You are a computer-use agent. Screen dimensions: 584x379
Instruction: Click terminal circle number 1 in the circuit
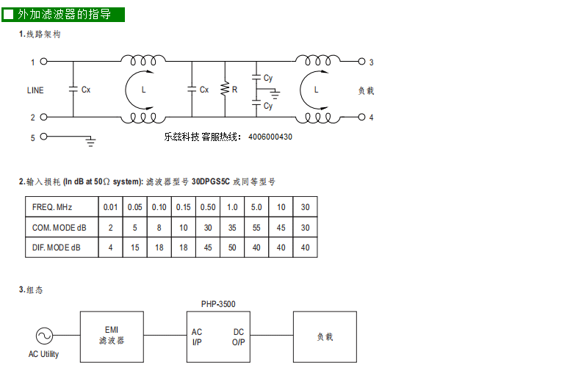pyautogui.click(x=43, y=62)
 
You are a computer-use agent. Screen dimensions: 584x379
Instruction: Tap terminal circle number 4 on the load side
pyautogui.click(x=361, y=118)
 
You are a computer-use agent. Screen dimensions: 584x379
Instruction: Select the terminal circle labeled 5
pyautogui.click(x=43, y=137)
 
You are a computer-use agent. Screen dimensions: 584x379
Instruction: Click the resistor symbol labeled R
pyautogui.click(x=225, y=90)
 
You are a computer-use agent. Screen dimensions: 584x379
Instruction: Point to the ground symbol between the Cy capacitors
pyautogui.click(x=275, y=94)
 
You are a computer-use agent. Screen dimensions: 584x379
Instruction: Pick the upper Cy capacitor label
pyautogui.click(x=268, y=78)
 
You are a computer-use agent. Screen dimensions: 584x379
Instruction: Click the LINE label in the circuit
pyautogui.click(x=35, y=90)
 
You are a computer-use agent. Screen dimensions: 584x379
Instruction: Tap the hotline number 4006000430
pyautogui.click(x=270, y=137)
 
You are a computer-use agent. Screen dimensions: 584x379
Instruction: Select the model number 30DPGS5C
pyautogui.click(x=210, y=181)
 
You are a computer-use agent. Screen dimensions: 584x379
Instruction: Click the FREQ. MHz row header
pyautogui.click(x=52, y=207)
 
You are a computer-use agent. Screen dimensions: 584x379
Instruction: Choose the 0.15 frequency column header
pyautogui.click(x=183, y=207)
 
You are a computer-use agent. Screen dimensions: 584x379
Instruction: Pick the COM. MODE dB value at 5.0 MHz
pyautogui.click(x=256, y=228)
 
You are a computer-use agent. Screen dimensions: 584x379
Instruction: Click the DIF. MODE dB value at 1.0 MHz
pyautogui.click(x=232, y=248)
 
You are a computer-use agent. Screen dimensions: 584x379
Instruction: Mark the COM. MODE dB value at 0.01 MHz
pyautogui.click(x=110, y=228)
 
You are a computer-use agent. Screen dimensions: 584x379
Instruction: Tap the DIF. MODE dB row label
pyautogui.click(x=57, y=248)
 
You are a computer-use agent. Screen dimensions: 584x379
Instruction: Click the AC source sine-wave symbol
pyautogui.click(x=44, y=336)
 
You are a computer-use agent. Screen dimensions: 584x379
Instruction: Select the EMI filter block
pyautogui.click(x=112, y=337)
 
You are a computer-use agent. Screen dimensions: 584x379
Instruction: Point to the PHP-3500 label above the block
pyautogui.click(x=218, y=304)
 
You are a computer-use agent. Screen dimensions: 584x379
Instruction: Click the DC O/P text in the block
pyautogui.click(x=238, y=337)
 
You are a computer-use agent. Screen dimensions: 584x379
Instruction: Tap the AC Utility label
pyautogui.click(x=43, y=354)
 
